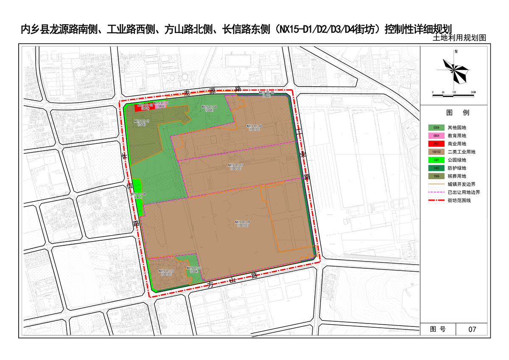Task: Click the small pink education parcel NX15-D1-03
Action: tap(161, 104)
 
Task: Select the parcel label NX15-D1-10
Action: tap(166, 272)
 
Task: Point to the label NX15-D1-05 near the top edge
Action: tap(267, 94)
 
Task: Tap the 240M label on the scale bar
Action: tap(473, 92)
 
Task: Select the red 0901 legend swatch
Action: tap(436, 144)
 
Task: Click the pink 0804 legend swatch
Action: tap(436, 136)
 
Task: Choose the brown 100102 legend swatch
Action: tap(436, 152)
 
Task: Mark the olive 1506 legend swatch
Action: tap(436, 176)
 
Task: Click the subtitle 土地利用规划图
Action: tap(459, 38)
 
